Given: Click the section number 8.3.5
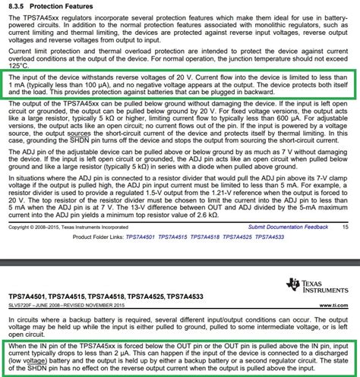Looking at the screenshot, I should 17,6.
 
